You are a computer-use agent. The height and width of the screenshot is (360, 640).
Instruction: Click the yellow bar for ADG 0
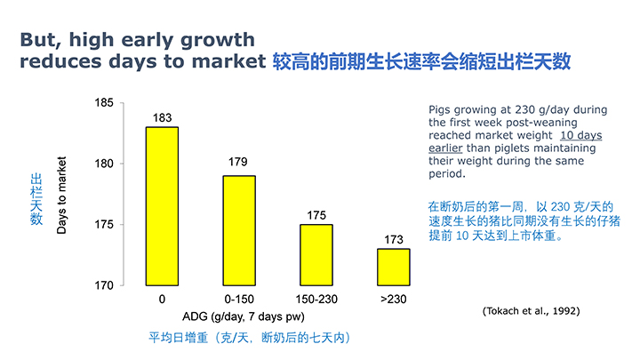pyautogui.click(x=163, y=205)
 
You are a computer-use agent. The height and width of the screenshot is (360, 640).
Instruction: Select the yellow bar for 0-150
pyautogui.click(x=239, y=230)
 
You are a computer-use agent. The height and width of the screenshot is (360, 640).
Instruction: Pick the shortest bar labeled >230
pyautogui.click(x=394, y=267)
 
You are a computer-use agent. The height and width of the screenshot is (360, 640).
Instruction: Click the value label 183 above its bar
pyautogui.click(x=163, y=118)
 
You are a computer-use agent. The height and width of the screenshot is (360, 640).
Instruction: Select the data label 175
pyautogui.click(x=316, y=216)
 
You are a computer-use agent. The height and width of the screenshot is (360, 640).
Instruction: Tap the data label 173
pyautogui.click(x=394, y=240)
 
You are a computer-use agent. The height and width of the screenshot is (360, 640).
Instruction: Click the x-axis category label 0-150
pyautogui.click(x=239, y=300)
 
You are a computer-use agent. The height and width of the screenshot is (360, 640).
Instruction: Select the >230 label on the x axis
pyautogui.click(x=394, y=300)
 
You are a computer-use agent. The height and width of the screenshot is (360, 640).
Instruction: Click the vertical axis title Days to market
pyautogui.click(x=62, y=194)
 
